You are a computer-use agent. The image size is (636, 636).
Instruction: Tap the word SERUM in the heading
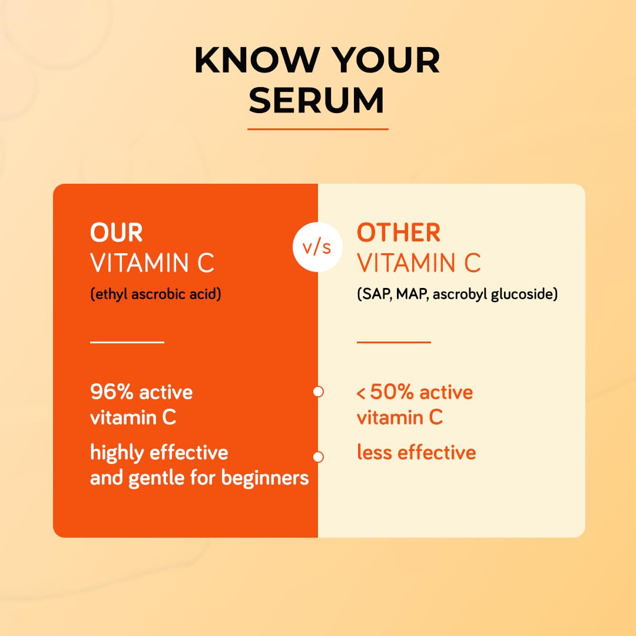[x=317, y=100]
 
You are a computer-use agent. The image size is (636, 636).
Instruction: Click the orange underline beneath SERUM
[x=317, y=128]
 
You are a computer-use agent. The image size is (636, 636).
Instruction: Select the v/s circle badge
[x=317, y=248]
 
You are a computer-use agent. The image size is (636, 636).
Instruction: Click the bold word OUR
[x=116, y=233]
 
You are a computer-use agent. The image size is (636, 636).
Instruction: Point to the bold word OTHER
[x=399, y=233]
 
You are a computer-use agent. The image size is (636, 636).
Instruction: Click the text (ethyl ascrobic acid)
[x=155, y=294]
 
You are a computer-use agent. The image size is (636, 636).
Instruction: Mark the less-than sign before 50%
[x=361, y=393]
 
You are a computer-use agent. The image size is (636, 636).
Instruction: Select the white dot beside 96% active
[x=318, y=392]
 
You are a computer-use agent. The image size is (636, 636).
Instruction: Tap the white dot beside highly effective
[x=318, y=456]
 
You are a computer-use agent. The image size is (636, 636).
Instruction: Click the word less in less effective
[x=375, y=452]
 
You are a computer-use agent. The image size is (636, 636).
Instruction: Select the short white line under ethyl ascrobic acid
[x=127, y=342]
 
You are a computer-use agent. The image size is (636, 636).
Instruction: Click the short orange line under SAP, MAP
[x=393, y=342]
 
